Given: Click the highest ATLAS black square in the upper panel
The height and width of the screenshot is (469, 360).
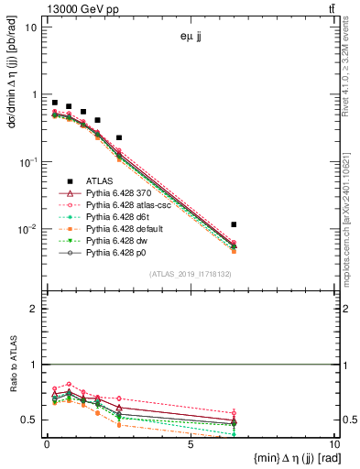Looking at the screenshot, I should (55, 104).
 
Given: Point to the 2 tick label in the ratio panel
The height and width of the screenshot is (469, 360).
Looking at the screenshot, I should (33, 310).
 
